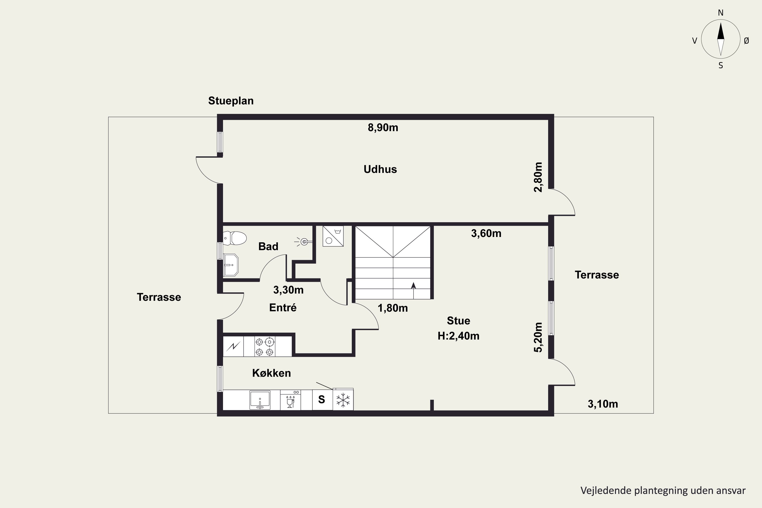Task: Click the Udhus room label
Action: tap(380, 169)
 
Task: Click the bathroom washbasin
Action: tap(231, 265)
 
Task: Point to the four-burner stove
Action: tap(265, 347)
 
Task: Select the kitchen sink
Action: tap(260, 400)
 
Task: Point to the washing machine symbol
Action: tap(333, 236)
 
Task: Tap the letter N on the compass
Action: tap(721, 13)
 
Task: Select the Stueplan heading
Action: tap(231, 101)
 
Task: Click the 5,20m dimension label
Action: tap(538, 337)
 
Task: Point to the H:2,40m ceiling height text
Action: tap(458, 336)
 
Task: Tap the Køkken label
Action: tap(272, 373)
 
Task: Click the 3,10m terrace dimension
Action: tap(603, 404)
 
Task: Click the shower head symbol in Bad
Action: tap(304, 242)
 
